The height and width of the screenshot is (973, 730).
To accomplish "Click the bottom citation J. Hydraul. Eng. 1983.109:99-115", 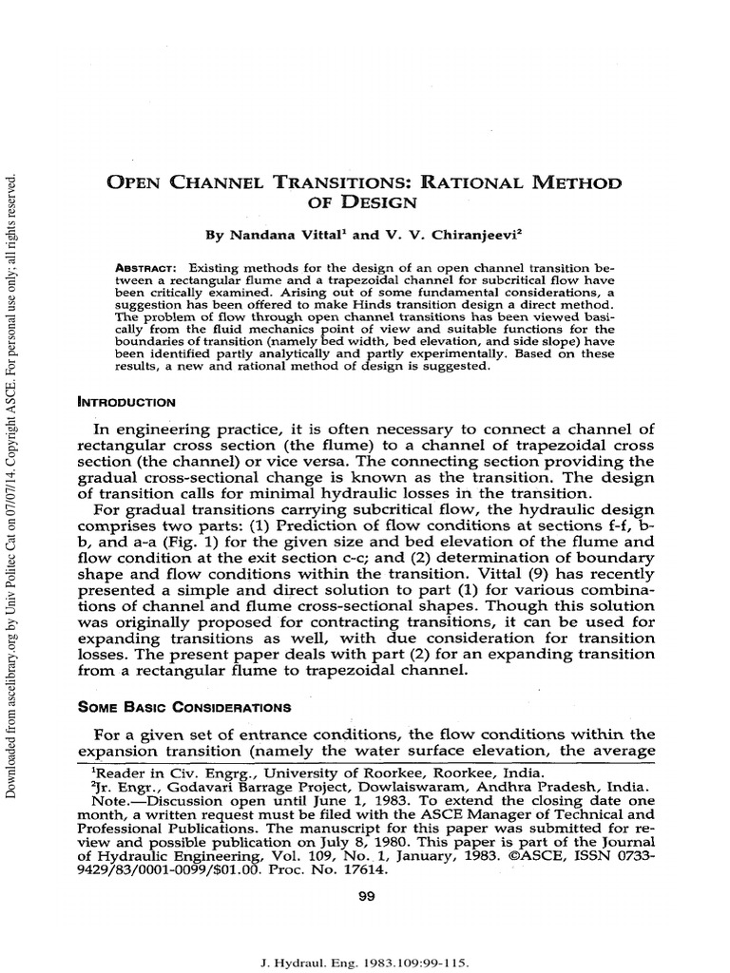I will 368,962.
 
